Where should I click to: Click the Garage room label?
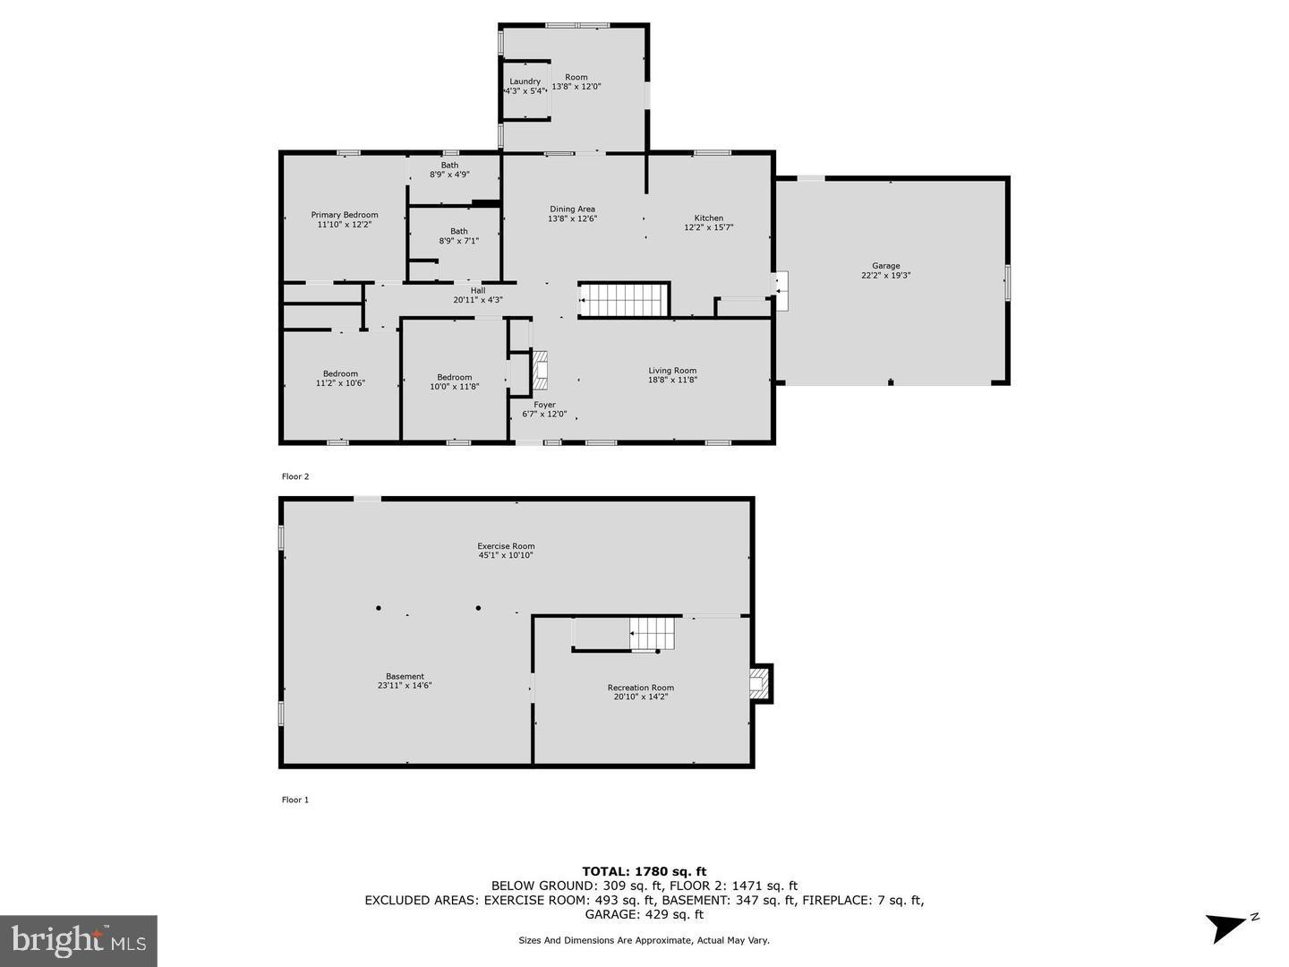(885, 266)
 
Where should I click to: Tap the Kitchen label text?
(708, 218)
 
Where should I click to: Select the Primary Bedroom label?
(344, 215)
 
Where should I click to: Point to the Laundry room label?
(525, 81)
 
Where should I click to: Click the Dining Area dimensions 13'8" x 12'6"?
(572, 218)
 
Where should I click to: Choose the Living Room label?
(672, 371)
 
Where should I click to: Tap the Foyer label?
(544, 405)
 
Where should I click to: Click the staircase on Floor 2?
(625, 300)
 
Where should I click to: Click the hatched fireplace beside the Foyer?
(539, 371)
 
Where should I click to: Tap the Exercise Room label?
(506, 546)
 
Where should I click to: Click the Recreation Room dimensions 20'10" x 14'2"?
(640, 697)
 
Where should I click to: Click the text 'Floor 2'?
(295, 476)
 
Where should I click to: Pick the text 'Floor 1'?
(295, 800)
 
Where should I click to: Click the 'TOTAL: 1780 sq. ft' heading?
(644, 871)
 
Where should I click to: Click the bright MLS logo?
(79, 940)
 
